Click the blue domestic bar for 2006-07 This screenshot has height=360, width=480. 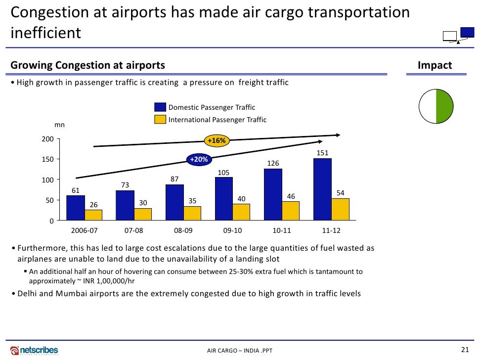pos(76,208)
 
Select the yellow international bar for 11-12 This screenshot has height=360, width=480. pos(340,209)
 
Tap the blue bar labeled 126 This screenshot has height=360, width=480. pos(273,194)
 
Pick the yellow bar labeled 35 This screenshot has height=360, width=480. pos(192,213)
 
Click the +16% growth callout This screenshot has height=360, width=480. pos(217,141)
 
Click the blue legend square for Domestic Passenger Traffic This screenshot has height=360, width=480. pos(160,107)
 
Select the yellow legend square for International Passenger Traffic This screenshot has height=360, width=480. pos(160,120)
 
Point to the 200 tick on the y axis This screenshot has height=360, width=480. pos(47,139)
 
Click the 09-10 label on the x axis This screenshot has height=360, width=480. pos(232,231)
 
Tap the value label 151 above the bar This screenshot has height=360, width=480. pos(322,153)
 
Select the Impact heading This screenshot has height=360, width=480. pos(435,66)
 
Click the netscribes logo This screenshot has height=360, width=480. pos(34,350)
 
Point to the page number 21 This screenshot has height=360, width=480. pos(464,350)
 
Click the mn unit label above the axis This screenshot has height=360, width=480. pos(52,126)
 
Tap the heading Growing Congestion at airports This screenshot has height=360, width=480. pos(88,66)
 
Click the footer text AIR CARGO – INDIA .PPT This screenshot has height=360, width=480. pos(239,351)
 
